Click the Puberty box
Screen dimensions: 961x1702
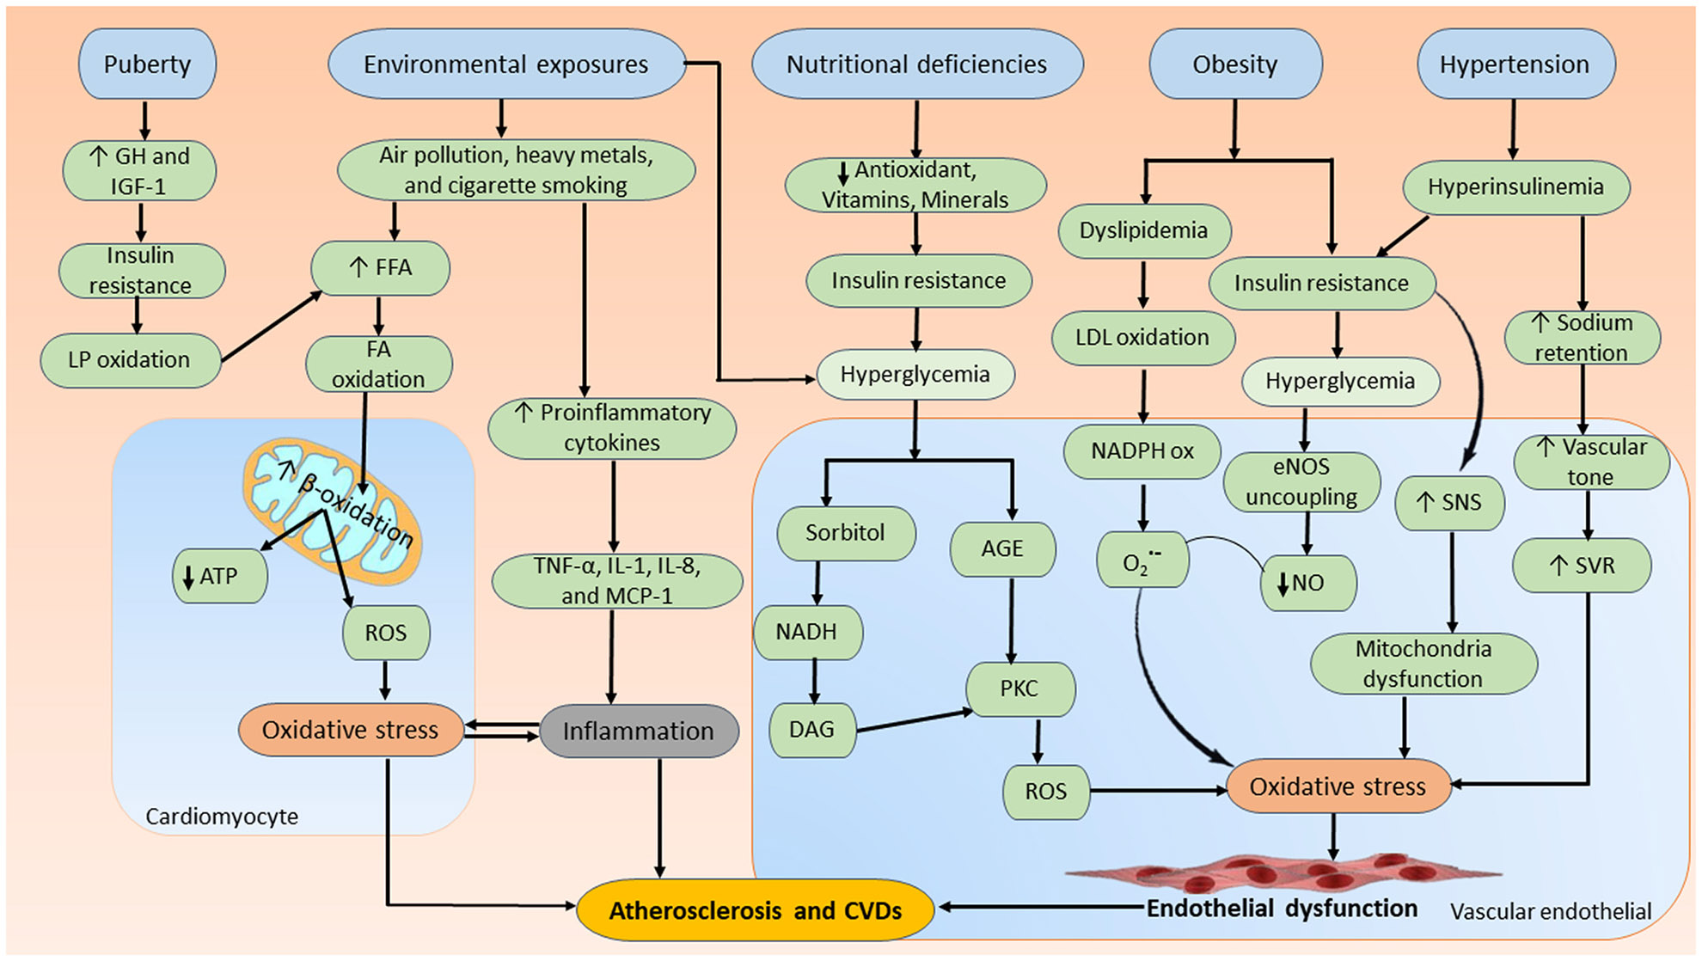click(x=147, y=64)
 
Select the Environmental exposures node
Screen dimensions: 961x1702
click(x=506, y=64)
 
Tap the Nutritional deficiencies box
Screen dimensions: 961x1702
click(x=916, y=64)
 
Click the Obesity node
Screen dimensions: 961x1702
click(x=1234, y=64)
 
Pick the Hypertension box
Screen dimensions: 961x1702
click(x=1515, y=64)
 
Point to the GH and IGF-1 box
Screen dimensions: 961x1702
click(x=139, y=171)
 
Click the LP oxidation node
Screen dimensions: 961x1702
click(x=130, y=359)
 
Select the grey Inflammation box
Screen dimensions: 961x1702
click(x=639, y=731)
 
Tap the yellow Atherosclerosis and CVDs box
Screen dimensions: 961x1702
click(x=755, y=910)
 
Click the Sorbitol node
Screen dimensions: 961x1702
click(x=845, y=533)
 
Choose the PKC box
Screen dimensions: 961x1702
click(x=1019, y=689)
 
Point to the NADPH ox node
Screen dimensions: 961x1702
click(x=1142, y=451)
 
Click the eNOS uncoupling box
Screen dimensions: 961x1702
click(x=1301, y=481)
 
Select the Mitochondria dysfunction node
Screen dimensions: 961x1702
click(x=1423, y=664)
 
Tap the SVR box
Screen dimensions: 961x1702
click(x=1582, y=566)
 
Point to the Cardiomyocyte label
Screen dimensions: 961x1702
click(x=222, y=817)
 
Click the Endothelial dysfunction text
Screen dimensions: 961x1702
click(x=1282, y=909)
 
